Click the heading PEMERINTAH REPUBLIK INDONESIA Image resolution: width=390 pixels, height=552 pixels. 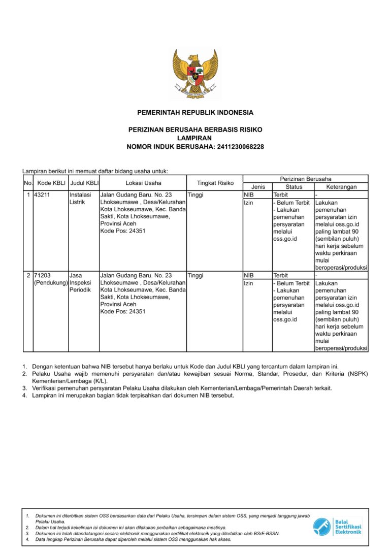click(195, 113)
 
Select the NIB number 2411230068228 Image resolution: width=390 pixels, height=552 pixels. click(240, 147)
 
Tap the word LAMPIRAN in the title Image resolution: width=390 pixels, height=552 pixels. click(194, 138)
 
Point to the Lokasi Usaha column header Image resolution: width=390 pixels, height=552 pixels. click(143, 183)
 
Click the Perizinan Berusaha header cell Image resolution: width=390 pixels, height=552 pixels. click(305, 179)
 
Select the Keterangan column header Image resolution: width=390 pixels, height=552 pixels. click(341, 187)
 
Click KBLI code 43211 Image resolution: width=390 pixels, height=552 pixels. click(42, 194)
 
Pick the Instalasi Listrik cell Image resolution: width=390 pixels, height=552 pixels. click(80, 199)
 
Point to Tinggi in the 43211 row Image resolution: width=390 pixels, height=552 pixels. click(196, 194)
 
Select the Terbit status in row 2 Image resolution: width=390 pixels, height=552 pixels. click(280, 275)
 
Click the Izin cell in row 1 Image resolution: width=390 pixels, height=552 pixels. click(248, 203)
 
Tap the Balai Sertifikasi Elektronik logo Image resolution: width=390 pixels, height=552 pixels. click(337, 526)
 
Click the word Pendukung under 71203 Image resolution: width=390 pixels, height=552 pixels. click(51, 283)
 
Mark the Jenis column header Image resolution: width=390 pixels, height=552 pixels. click(257, 187)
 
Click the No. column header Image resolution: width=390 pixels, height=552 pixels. click(28, 183)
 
